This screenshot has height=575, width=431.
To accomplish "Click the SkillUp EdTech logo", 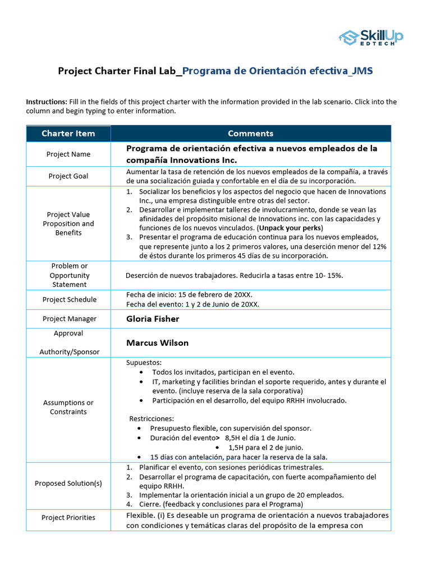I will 370,37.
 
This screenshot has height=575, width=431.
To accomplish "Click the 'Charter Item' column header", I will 68,133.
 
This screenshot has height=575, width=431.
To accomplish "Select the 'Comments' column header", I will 250,133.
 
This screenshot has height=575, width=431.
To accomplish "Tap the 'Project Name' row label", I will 68,154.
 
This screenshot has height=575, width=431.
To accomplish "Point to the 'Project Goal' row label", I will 68,176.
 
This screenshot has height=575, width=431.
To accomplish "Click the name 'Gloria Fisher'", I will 153,318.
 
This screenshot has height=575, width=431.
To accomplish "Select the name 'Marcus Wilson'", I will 157,343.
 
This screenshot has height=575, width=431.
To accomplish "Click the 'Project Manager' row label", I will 68,318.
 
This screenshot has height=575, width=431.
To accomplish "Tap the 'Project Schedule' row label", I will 68,299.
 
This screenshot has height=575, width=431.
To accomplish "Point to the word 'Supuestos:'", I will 144,363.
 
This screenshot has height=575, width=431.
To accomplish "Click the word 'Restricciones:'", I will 152,418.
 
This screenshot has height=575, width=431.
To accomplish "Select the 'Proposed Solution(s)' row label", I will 68,483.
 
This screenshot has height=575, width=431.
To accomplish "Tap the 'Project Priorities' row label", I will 68,517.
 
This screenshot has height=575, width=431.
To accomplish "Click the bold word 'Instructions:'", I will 47,102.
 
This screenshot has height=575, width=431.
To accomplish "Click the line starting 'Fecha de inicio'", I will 192,295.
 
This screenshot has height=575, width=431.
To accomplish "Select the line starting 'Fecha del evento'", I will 192,304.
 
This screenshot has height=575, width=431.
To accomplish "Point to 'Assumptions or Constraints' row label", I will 68,407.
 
